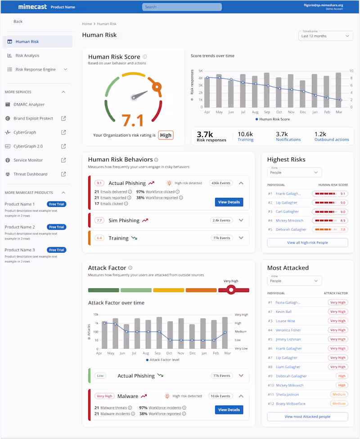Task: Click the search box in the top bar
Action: click(182, 7)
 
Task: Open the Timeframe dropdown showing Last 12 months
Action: click(325, 36)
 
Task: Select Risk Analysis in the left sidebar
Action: click(27, 56)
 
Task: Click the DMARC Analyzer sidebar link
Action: click(29, 105)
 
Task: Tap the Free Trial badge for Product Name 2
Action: click(57, 227)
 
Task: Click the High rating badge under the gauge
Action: click(166, 135)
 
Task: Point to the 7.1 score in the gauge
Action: click(133, 120)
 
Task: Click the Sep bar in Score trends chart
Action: click(267, 90)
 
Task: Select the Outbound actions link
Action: click(332, 139)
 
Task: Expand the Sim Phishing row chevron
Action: click(241, 220)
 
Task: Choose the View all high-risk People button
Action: click(307, 243)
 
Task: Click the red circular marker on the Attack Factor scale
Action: click(231, 290)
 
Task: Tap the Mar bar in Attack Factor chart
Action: click(225, 333)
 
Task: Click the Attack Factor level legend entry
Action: click(163, 360)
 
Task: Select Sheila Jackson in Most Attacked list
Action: click(287, 395)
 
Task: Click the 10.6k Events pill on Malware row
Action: click(220, 396)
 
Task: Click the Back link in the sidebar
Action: click(18, 22)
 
